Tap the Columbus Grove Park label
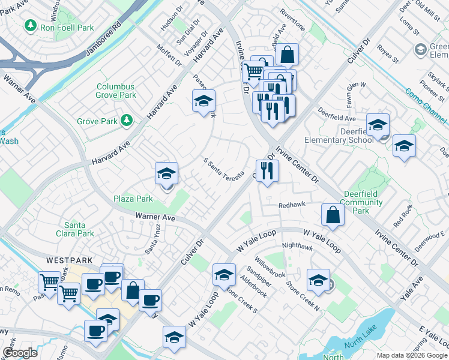click(x=116, y=91)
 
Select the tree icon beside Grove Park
click(x=127, y=121)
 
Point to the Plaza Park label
click(x=133, y=199)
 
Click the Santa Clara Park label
click(x=79, y=229)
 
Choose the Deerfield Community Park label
click(x=363, y=202)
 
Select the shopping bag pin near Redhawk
click(x=333, y=215)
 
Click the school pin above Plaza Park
click(x=166, y=173)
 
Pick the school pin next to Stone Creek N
click(x=318, y=279)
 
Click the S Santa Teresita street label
click(x=223, y=170)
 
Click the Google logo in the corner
click(x=20, y=353)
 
